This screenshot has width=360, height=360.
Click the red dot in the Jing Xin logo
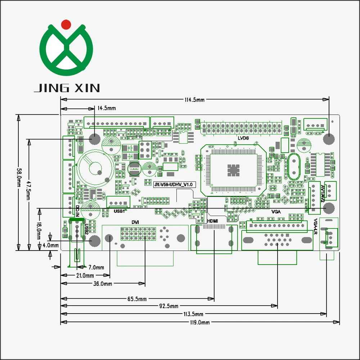66,24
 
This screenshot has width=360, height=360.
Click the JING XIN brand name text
67,88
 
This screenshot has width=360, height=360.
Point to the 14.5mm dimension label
107,108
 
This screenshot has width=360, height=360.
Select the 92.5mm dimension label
168,306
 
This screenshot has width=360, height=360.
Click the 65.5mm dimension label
137,299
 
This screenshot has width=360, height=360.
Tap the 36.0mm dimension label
103,284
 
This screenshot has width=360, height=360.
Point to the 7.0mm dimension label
96,267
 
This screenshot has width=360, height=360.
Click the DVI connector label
135,222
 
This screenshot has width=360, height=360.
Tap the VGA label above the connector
276,212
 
